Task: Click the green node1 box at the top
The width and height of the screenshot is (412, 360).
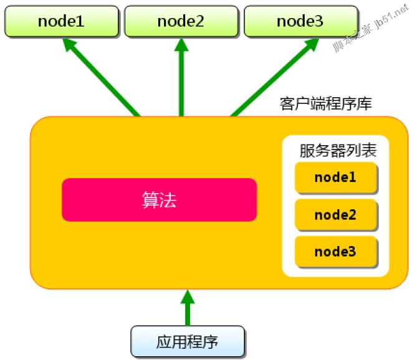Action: click(x=62, y=21)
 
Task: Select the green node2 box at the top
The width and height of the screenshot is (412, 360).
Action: click(x=181, y=21)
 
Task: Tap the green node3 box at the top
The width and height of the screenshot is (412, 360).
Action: click(x=301, y=21)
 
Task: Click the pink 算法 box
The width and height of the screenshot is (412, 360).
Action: click(x=159, y=200)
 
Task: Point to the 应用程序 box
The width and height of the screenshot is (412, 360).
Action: click(x=188, y=341)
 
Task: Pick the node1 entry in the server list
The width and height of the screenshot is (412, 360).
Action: click(x=336, y=178)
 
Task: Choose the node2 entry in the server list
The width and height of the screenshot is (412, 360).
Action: click(x=336, y=215)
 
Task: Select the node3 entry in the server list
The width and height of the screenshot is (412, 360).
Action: click(x=336, y=252)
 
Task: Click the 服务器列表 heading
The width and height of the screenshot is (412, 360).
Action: click(x=338, y=151)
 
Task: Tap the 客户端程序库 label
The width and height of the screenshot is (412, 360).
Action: click(x=326, y=103)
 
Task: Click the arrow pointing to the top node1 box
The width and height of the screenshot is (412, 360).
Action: click(x=102, y=77)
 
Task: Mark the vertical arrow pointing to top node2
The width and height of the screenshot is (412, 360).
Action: click(x=181, y=77)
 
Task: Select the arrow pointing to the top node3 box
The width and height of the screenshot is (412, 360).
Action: click(x=275, y=77)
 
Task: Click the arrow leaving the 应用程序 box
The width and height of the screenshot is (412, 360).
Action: click(x=188, y=308)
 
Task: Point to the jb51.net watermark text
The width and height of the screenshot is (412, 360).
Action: click(x=391, y=16)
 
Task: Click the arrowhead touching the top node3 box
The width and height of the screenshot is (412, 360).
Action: click(x=312, y=45)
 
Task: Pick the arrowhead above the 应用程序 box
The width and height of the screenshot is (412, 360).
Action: click(x=188, y=296)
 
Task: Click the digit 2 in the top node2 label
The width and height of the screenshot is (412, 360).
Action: click(x=199, y=22)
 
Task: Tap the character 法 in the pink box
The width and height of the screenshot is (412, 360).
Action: click(x=168, y=200)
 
